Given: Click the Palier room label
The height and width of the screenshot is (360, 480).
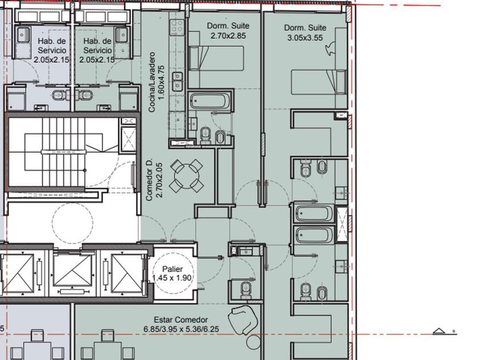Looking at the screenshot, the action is [173, 269].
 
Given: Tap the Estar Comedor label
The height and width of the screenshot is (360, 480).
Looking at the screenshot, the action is [181, 320].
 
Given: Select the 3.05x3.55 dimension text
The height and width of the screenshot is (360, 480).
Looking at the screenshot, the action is [305, 38].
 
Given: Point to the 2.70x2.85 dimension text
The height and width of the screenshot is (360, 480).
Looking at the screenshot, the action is [228, 35].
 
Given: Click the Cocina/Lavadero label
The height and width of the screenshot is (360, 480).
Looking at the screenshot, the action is [151, 82].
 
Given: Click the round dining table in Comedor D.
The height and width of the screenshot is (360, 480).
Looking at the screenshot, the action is [186, 176].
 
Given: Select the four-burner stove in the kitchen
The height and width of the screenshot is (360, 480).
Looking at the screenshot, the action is [177, 26].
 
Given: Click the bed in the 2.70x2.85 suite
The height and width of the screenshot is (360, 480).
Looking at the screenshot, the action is [217, 58].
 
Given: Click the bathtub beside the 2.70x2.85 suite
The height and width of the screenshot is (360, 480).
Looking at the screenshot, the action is [209, 101].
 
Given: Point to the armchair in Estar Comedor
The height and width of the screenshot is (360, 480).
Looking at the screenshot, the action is [243, 320].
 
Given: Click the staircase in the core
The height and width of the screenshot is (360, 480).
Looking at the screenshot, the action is [63, 152].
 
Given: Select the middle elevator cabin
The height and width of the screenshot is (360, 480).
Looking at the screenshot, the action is [73, 270].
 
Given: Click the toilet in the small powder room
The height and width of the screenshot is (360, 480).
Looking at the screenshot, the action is [246, 290].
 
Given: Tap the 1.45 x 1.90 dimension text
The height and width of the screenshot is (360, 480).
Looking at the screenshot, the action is [172, 278].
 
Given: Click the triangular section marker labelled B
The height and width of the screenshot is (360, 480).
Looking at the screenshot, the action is [439, 331].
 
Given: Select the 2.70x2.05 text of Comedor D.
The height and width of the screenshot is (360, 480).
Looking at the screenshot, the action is [160, 181].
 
